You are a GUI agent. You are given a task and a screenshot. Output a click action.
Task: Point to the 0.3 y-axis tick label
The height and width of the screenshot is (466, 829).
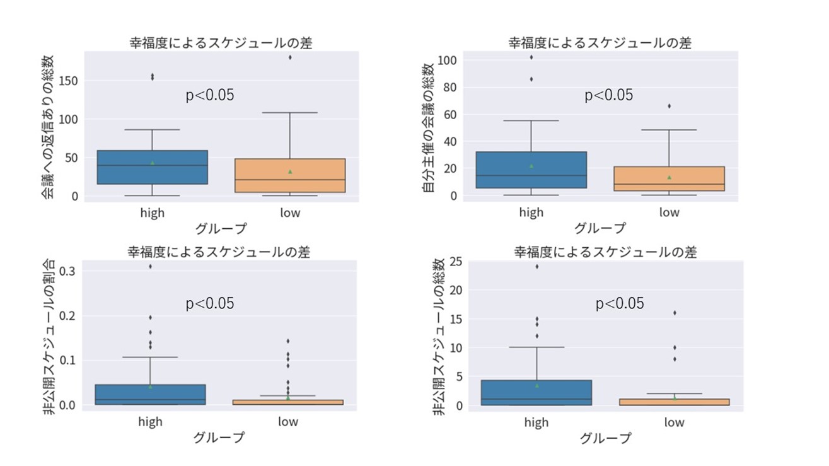coord(68,271)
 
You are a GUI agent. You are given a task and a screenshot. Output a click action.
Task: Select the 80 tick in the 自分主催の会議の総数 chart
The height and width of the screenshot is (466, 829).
coord(448,88)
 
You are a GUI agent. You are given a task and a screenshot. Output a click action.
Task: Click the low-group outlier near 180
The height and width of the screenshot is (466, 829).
coord(290,57)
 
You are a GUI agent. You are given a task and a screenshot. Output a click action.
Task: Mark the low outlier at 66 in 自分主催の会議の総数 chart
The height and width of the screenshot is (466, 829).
coord(670,106)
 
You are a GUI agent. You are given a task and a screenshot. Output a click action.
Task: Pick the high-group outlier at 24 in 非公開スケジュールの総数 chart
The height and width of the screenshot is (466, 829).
coord(536,266)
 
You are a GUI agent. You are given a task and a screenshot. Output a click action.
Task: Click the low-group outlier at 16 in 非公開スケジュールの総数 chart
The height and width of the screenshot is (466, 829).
coord(674,313)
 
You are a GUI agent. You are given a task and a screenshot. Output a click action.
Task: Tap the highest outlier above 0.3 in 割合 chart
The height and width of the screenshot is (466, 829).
coord(150,266)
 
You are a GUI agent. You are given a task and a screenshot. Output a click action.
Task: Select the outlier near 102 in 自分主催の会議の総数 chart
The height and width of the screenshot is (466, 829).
coord(531,57)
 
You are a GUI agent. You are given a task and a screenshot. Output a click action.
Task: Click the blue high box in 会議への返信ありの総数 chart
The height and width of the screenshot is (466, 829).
coord(152,167)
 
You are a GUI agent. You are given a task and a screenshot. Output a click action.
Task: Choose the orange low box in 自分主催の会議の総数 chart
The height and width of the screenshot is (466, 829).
coord(670,178)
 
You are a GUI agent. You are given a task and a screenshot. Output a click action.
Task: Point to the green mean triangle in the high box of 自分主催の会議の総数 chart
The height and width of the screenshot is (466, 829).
coord(531,166)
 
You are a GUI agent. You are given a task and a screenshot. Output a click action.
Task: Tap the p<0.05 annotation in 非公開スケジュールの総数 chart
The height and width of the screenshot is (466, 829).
coord(620,304)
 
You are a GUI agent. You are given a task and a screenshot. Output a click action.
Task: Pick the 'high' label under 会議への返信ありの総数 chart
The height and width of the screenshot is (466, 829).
coord(152,213)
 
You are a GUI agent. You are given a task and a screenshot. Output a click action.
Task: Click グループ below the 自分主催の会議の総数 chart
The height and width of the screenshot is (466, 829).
coord(600,228)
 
